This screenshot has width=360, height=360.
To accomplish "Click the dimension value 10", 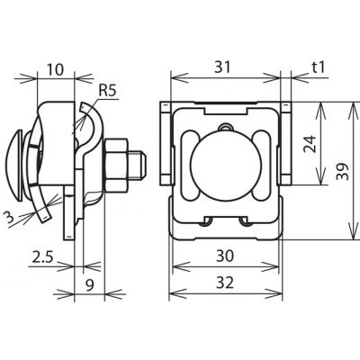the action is tap(56, 70).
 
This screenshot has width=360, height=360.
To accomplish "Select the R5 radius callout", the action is tap(107, 91).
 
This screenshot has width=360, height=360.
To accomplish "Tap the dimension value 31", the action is tap(222, 67).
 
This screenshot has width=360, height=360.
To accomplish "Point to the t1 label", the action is tap(318, 67).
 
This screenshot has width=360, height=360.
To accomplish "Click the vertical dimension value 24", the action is tap(310, 144).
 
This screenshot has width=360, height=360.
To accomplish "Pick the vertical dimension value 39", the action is tap(343, 172).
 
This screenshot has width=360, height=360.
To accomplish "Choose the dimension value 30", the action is tap(225, 256).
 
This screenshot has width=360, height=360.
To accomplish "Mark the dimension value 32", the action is tap(225, 283).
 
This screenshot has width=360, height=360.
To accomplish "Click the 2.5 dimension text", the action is tap(42, 257).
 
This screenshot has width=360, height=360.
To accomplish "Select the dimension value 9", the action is tap(89, 284).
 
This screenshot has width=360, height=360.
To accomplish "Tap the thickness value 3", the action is tap(10, 218).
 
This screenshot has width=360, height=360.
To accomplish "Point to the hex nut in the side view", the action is tap(117, 165).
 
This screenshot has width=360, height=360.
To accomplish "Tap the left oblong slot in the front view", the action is tap(190, 165).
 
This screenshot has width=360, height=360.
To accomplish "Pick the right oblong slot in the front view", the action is tap(262, 165).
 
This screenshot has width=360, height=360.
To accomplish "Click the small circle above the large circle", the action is tap(226, 128).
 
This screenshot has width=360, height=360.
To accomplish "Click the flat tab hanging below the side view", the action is tap(68, 212).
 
